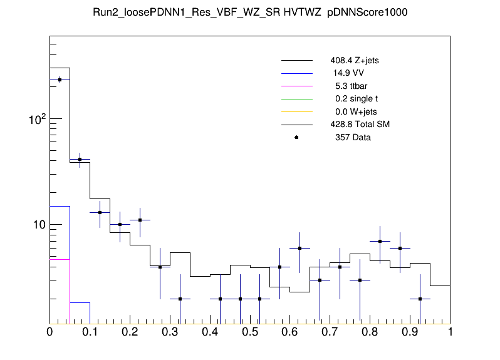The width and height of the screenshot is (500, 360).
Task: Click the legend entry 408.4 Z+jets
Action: click(x=354, y=61)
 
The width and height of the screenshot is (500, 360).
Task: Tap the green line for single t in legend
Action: click(x=296, y=99)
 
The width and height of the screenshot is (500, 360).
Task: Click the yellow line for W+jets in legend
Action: click(x=296, y=111)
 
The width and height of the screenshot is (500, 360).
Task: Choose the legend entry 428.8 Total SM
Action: click(x=360, y=125)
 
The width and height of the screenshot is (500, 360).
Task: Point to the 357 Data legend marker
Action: click(x=296, y=137)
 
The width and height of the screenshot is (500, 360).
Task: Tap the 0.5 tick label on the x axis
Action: click(x=250, y=333)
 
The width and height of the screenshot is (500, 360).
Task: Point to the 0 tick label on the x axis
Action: click(x=50, y=333)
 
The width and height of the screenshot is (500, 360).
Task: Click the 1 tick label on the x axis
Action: click(x=450, y=333)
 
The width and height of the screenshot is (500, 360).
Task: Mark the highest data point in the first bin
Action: click(x=60, y=80)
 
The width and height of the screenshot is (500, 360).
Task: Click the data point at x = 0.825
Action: click(x=380, y=241)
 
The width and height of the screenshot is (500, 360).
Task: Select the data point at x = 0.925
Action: click(x=420, y=299)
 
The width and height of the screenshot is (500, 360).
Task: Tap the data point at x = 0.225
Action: click(x=140, y=220)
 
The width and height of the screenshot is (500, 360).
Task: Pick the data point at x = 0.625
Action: click(x=300, y=249)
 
